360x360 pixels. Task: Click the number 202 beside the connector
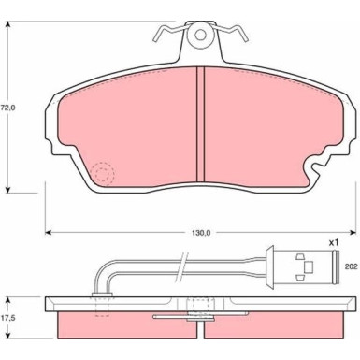[351, 268]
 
